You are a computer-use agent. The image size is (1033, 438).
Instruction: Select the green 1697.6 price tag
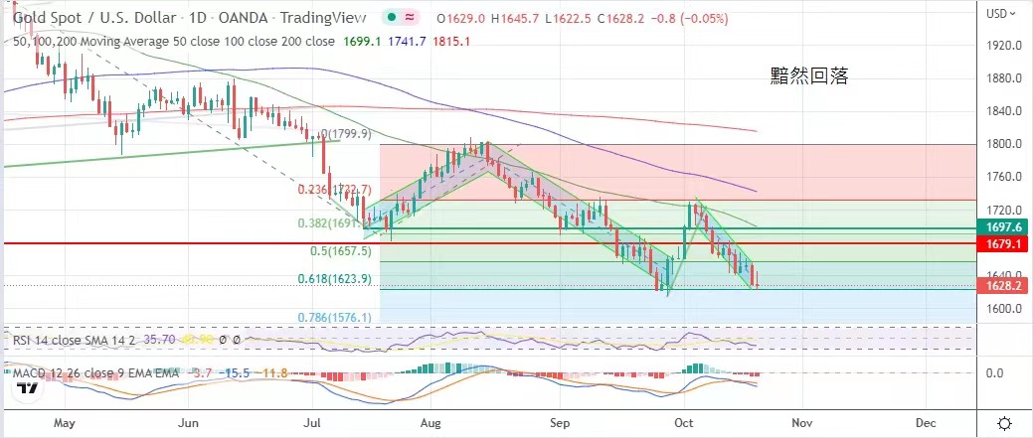click(1005, 227)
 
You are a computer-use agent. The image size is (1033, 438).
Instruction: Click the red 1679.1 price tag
click(1005, 243)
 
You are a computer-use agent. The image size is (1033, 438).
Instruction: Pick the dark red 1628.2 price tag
click(1005, 285)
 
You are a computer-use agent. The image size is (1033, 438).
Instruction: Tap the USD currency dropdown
click(1000, 13)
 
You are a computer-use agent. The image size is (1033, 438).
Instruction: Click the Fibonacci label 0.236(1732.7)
click(334, 189)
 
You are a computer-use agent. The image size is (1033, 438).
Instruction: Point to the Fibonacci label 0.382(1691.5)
click(335, 223)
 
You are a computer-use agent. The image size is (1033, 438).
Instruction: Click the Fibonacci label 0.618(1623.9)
click(336, 280)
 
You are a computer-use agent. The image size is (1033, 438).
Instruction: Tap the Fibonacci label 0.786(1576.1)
click(336, 318)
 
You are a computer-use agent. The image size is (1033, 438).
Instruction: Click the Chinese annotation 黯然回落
click(809, 75)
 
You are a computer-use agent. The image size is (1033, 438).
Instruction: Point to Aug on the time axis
click(430, 422)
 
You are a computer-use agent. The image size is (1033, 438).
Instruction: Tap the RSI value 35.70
click(154, 339)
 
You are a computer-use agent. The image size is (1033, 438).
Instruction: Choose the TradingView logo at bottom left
click(29, 389)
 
